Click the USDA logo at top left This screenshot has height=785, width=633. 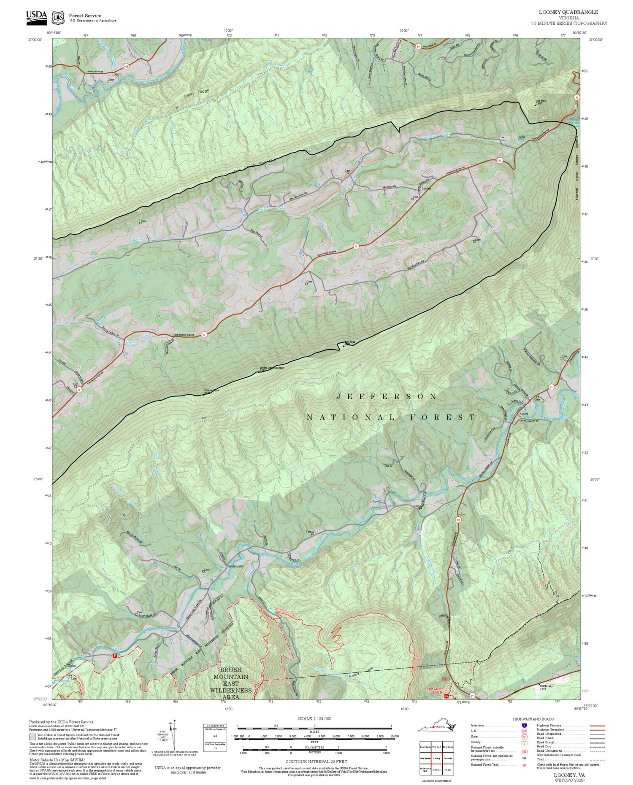pos(36,17)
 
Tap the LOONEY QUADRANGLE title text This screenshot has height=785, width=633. pos(568,12)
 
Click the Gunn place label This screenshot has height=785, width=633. pos(119,74)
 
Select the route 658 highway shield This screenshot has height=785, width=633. pos(126,67)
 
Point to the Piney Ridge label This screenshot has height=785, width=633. pos(197,94)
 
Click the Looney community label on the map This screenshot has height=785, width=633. pos(426,188)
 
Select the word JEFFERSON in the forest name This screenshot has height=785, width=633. pos(387,396)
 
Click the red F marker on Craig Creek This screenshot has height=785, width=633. pos(114,656)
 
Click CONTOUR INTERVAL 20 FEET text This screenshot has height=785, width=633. pos(316,761)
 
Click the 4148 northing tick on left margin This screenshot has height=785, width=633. pos(44,161)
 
